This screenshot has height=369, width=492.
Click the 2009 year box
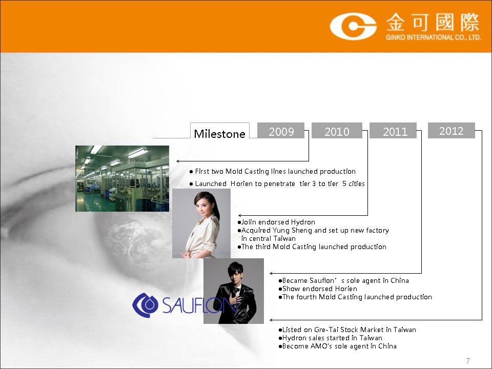(x=281, y=131)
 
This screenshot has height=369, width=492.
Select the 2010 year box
(x=337, y=131)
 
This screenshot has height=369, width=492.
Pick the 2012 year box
(x=451, y=131)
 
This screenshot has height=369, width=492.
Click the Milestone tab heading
(x=220, y=134)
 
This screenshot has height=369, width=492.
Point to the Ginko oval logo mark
(x=353, y=26)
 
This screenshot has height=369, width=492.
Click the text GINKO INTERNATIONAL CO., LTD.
(x=434, y=37)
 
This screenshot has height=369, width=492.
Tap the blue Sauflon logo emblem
(x=145, y=304)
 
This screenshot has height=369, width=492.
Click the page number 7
(x=468, y=360)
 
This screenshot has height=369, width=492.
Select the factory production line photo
(x=122, y=178)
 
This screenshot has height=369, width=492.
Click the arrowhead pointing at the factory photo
(x=178, y=161)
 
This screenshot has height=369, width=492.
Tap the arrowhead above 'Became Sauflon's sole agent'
(x=271, y=274)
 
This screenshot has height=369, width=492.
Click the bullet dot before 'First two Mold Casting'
(x=191, y=172)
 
